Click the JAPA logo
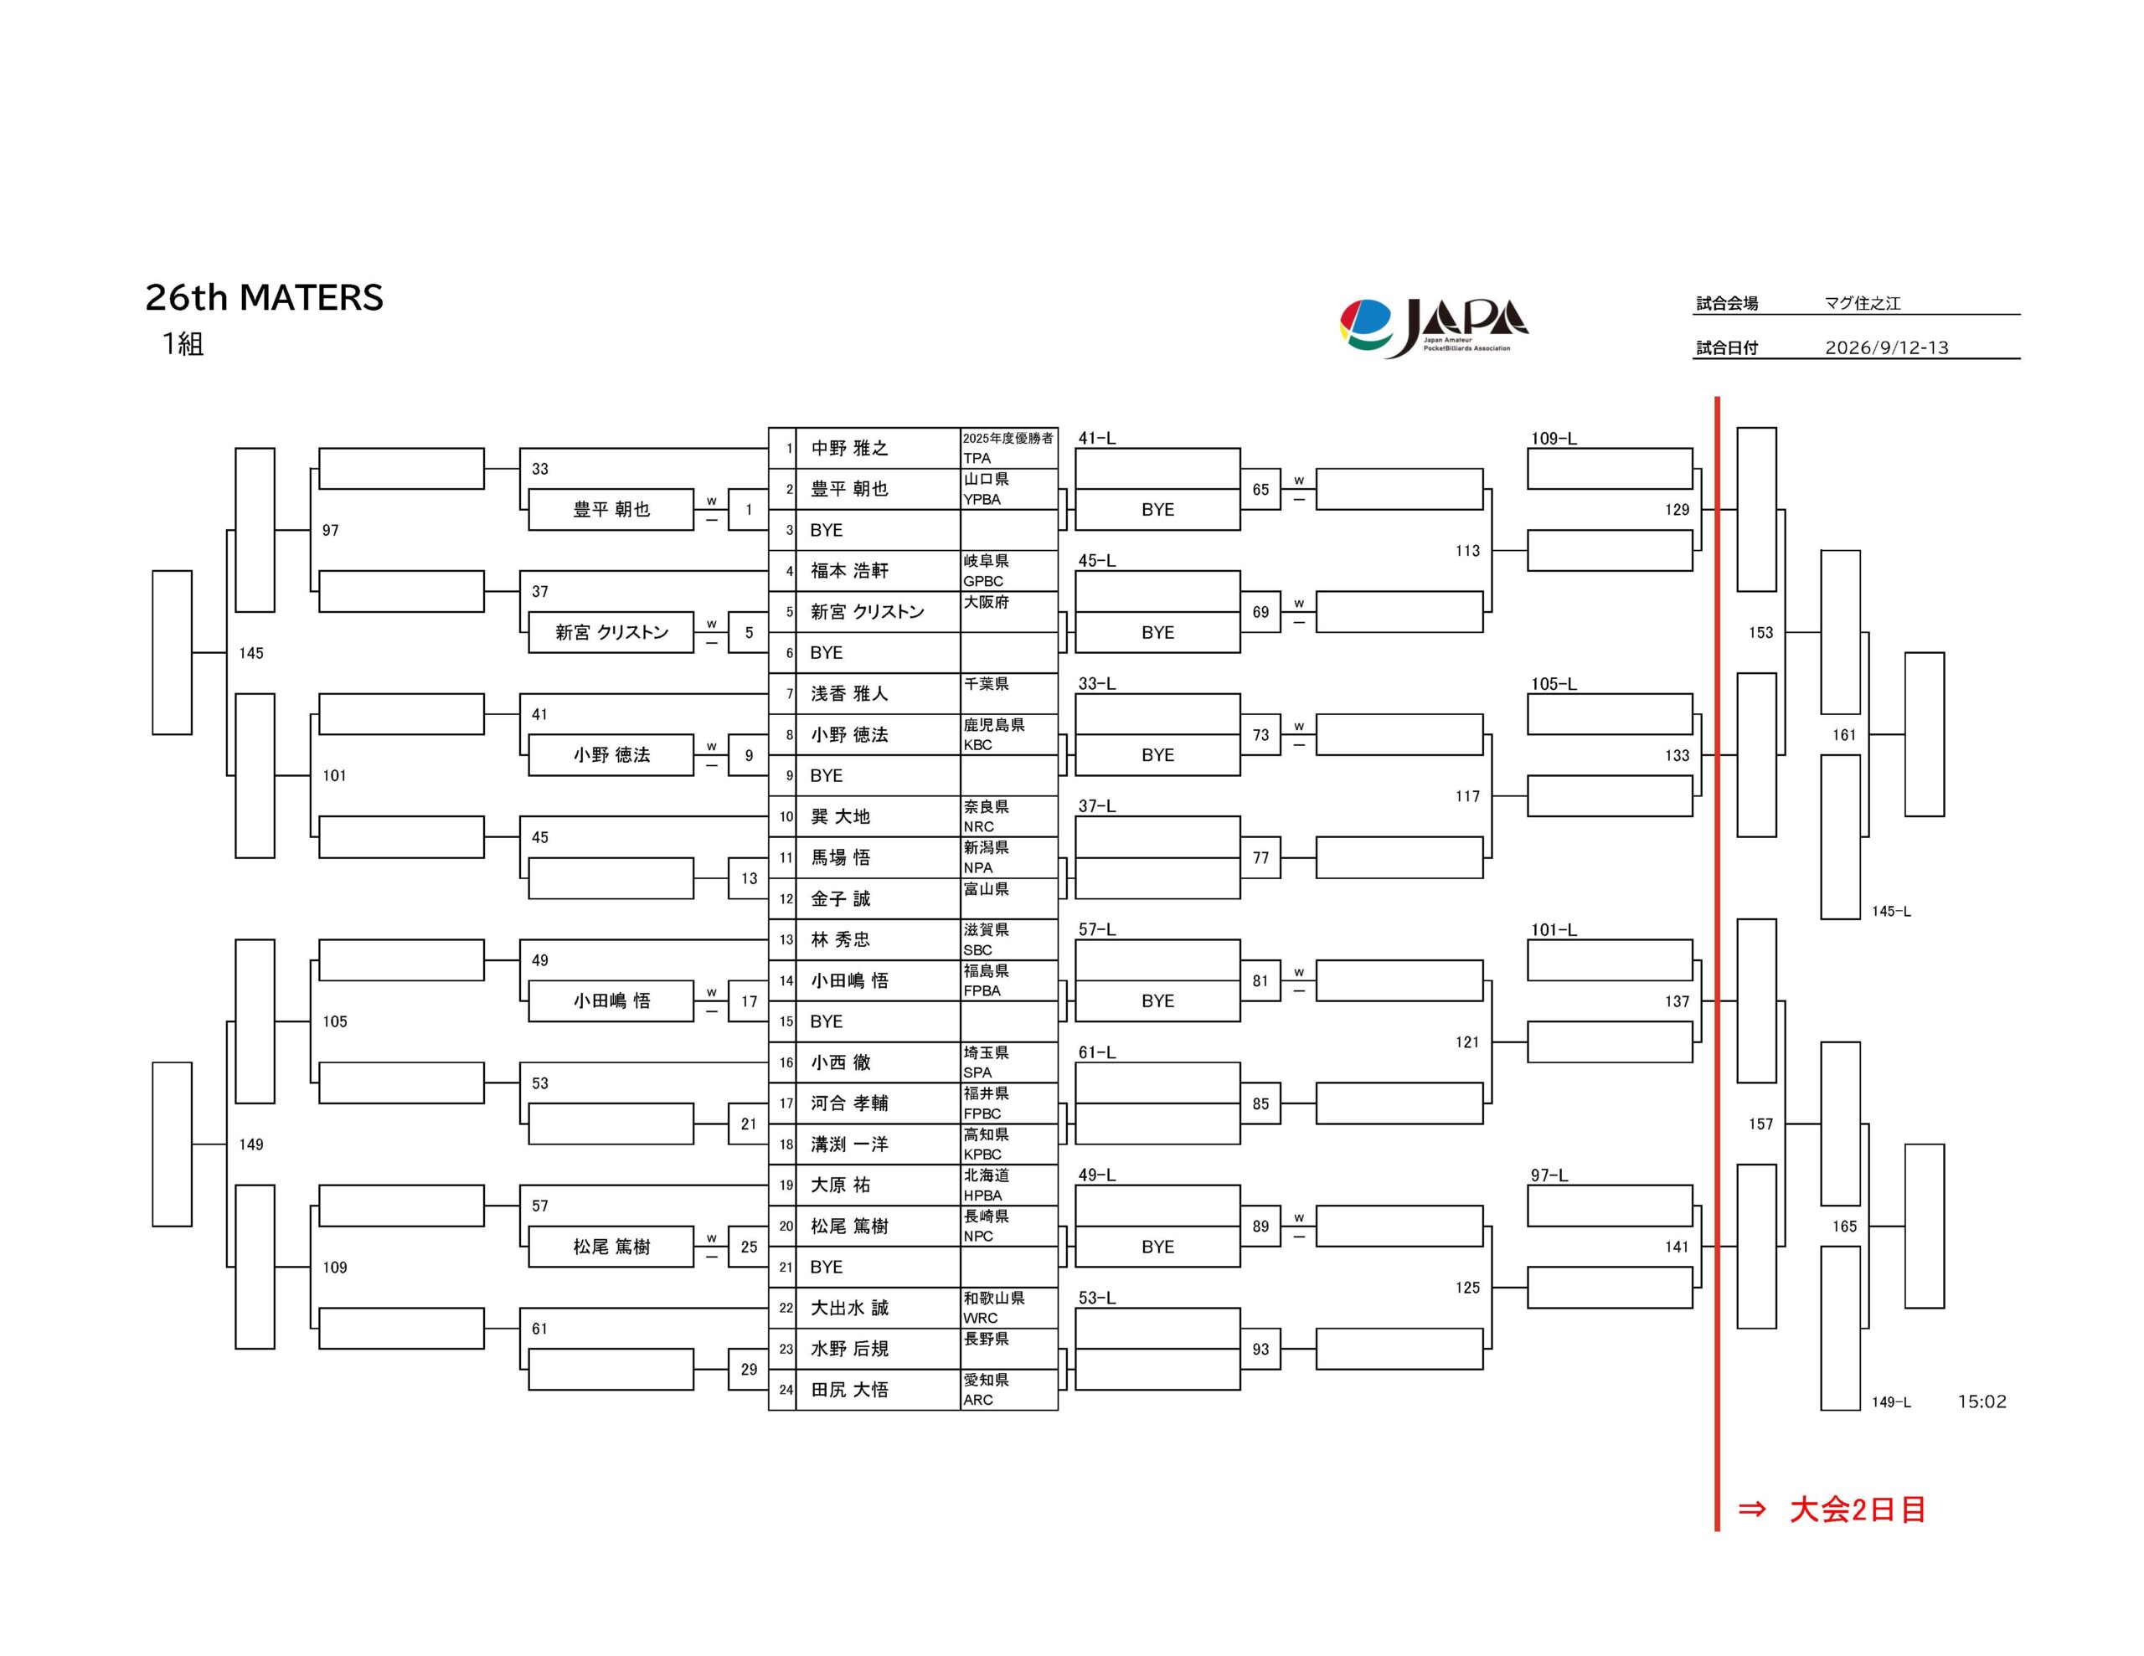[x=1433, y=328]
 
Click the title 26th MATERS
[x=264, y=297]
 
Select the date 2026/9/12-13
[x=1886, y=347]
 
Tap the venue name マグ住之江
[x=1863, y=303]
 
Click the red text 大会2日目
[x=1858, y=1509]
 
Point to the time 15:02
[x=1981, y=1401]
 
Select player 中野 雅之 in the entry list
[x=849, y=449]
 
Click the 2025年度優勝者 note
[x=1008, y=438]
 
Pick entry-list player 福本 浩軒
[x=849, y=570]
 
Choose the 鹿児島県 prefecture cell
[x=993, y=724]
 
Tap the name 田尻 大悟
[x=849, y=1389]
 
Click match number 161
[x=1843, y=734]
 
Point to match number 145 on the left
[x=251, y=653]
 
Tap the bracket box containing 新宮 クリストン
[x=611, y=632]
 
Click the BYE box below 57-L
[x=1157, y=1001]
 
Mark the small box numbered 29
[x=748, y=1370]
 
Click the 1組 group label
[x=183, y=343]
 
